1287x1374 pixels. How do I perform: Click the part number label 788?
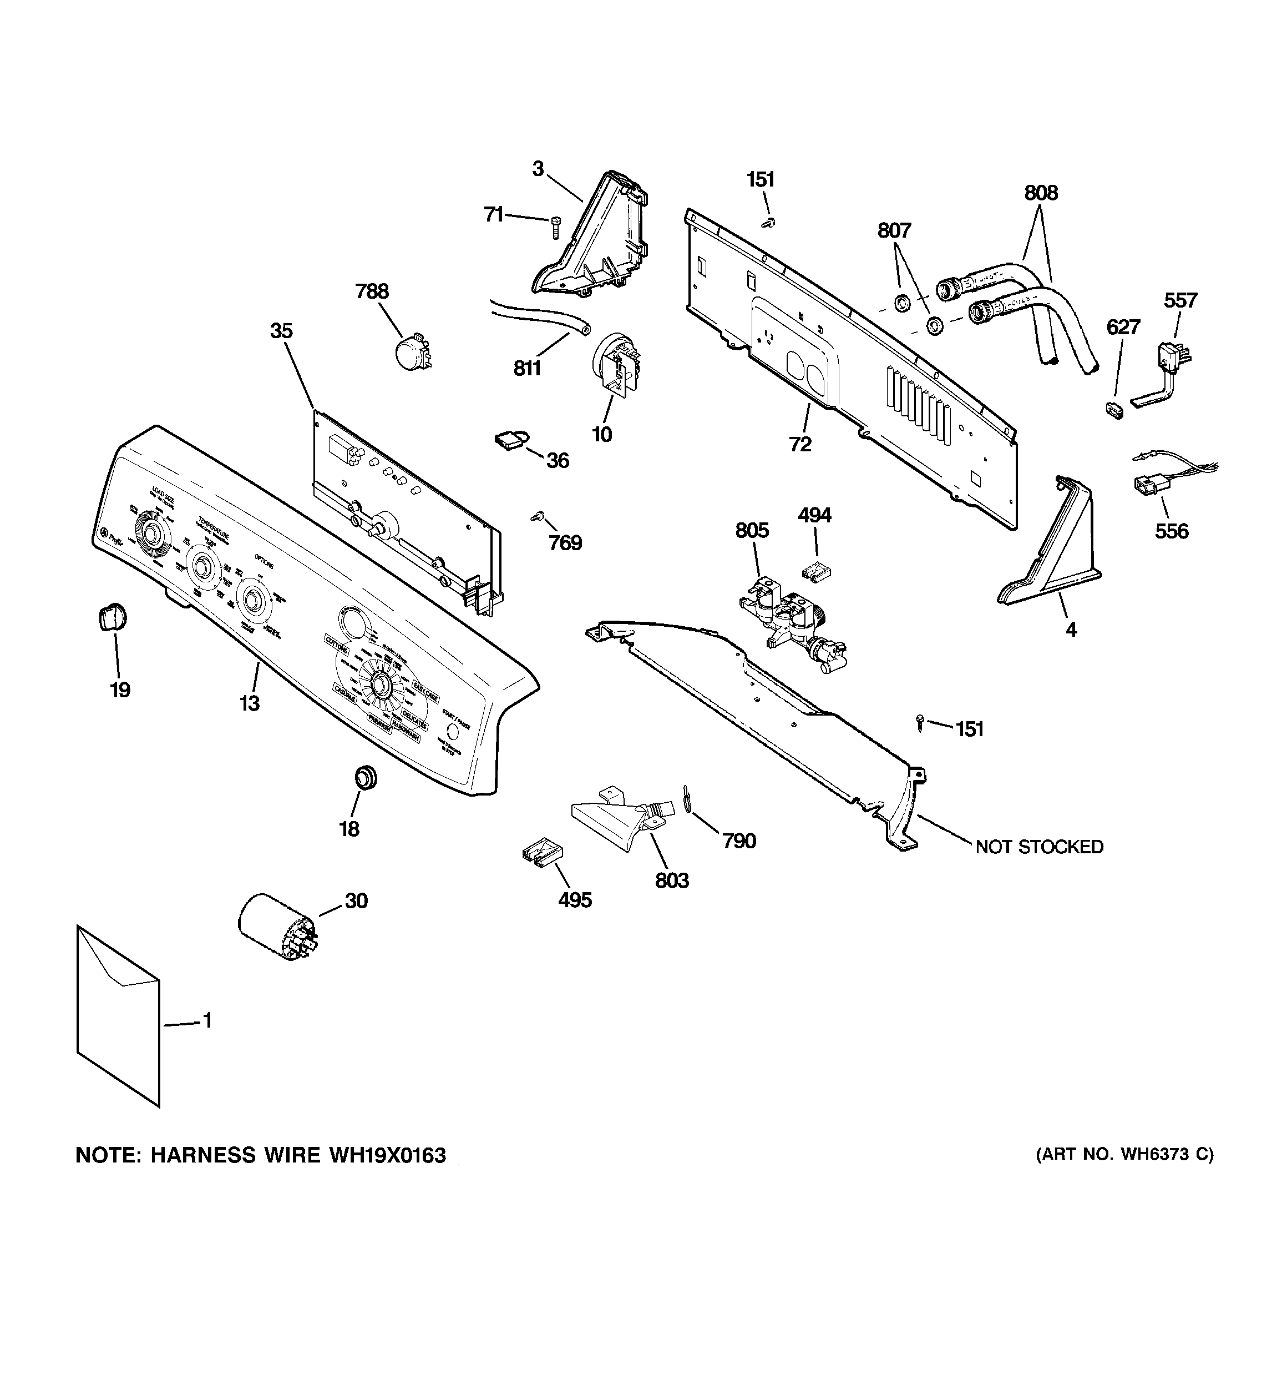[x=372, y=291]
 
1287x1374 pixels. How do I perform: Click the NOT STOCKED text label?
[x=1039, y=847]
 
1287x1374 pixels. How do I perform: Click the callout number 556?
[x=1172, y=531]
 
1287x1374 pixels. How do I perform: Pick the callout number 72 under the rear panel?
[x=800, y=445]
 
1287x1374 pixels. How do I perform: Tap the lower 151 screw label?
[x=969, y=729]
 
